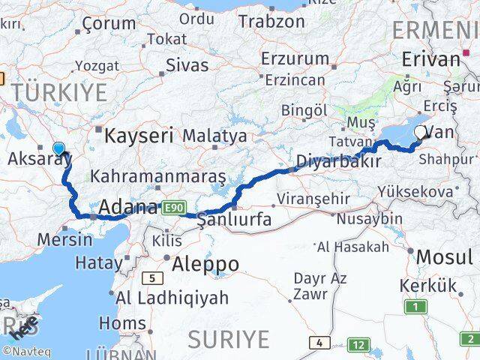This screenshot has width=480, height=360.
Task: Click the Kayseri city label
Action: [x=139, y=136]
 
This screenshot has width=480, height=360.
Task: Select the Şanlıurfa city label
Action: [x=235, y=219]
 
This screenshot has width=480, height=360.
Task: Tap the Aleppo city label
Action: [x=205, y=264]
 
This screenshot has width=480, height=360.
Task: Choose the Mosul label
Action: [x=444, y=258]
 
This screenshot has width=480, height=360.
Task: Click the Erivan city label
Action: [x=430, y=59]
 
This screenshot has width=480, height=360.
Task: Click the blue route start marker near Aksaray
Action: [x=59, y=148]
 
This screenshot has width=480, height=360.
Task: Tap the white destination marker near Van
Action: [x=420, y=133]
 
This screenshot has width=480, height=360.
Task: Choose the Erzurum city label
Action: [x=295, y=58]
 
